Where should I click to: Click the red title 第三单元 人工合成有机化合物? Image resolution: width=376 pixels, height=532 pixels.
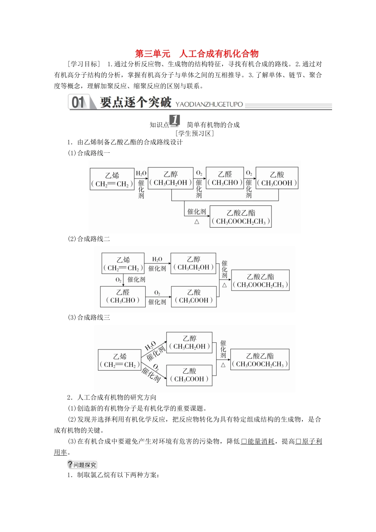[x=197, y=54]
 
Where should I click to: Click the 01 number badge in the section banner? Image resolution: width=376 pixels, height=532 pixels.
[x=78, y=103]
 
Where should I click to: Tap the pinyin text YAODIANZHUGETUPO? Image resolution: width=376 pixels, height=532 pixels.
[x=209, y=104]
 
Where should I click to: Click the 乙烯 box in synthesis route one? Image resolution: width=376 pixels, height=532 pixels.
[x=112, y=179]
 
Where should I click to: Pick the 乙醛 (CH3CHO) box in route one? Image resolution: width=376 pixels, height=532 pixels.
[x=225, y=178]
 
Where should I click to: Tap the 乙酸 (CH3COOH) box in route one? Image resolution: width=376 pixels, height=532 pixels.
[x=277, y=179]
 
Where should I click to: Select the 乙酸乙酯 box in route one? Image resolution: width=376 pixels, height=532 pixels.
[x=241, y=217]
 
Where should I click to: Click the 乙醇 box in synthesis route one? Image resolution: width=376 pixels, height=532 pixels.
[x=171, y=179]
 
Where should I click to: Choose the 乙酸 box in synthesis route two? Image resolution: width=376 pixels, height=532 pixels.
[x=194, y=296]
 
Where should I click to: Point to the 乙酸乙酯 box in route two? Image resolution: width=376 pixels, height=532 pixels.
[x=260, y=281]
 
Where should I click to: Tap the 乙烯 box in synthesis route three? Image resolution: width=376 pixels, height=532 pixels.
[x=120, y=360]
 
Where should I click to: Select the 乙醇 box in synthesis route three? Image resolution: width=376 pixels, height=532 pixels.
[x=189, y=342]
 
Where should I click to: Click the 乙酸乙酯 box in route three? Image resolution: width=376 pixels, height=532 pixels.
[x=260, y=360]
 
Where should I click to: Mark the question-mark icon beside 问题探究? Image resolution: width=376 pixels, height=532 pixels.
[x=70, y=465]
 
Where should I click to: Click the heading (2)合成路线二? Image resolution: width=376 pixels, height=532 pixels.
[x=89, y=239]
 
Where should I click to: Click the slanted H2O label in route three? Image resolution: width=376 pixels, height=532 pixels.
[x=150, y=346]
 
